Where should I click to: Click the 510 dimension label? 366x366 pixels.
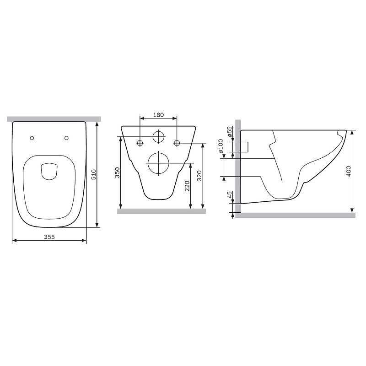point(93,175)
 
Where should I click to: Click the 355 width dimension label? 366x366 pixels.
point(49,237)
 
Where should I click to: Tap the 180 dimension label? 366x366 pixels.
point(158,115)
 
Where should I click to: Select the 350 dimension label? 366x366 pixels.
point(118,172)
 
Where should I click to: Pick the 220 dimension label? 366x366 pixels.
point(187,186)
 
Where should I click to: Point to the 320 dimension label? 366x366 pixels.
point(199,176)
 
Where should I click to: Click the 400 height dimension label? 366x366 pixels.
point(349,171)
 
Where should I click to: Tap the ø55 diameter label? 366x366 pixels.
point(230,132)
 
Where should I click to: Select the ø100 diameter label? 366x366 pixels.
point(221,146)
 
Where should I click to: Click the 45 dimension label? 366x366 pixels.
point(230,194)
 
